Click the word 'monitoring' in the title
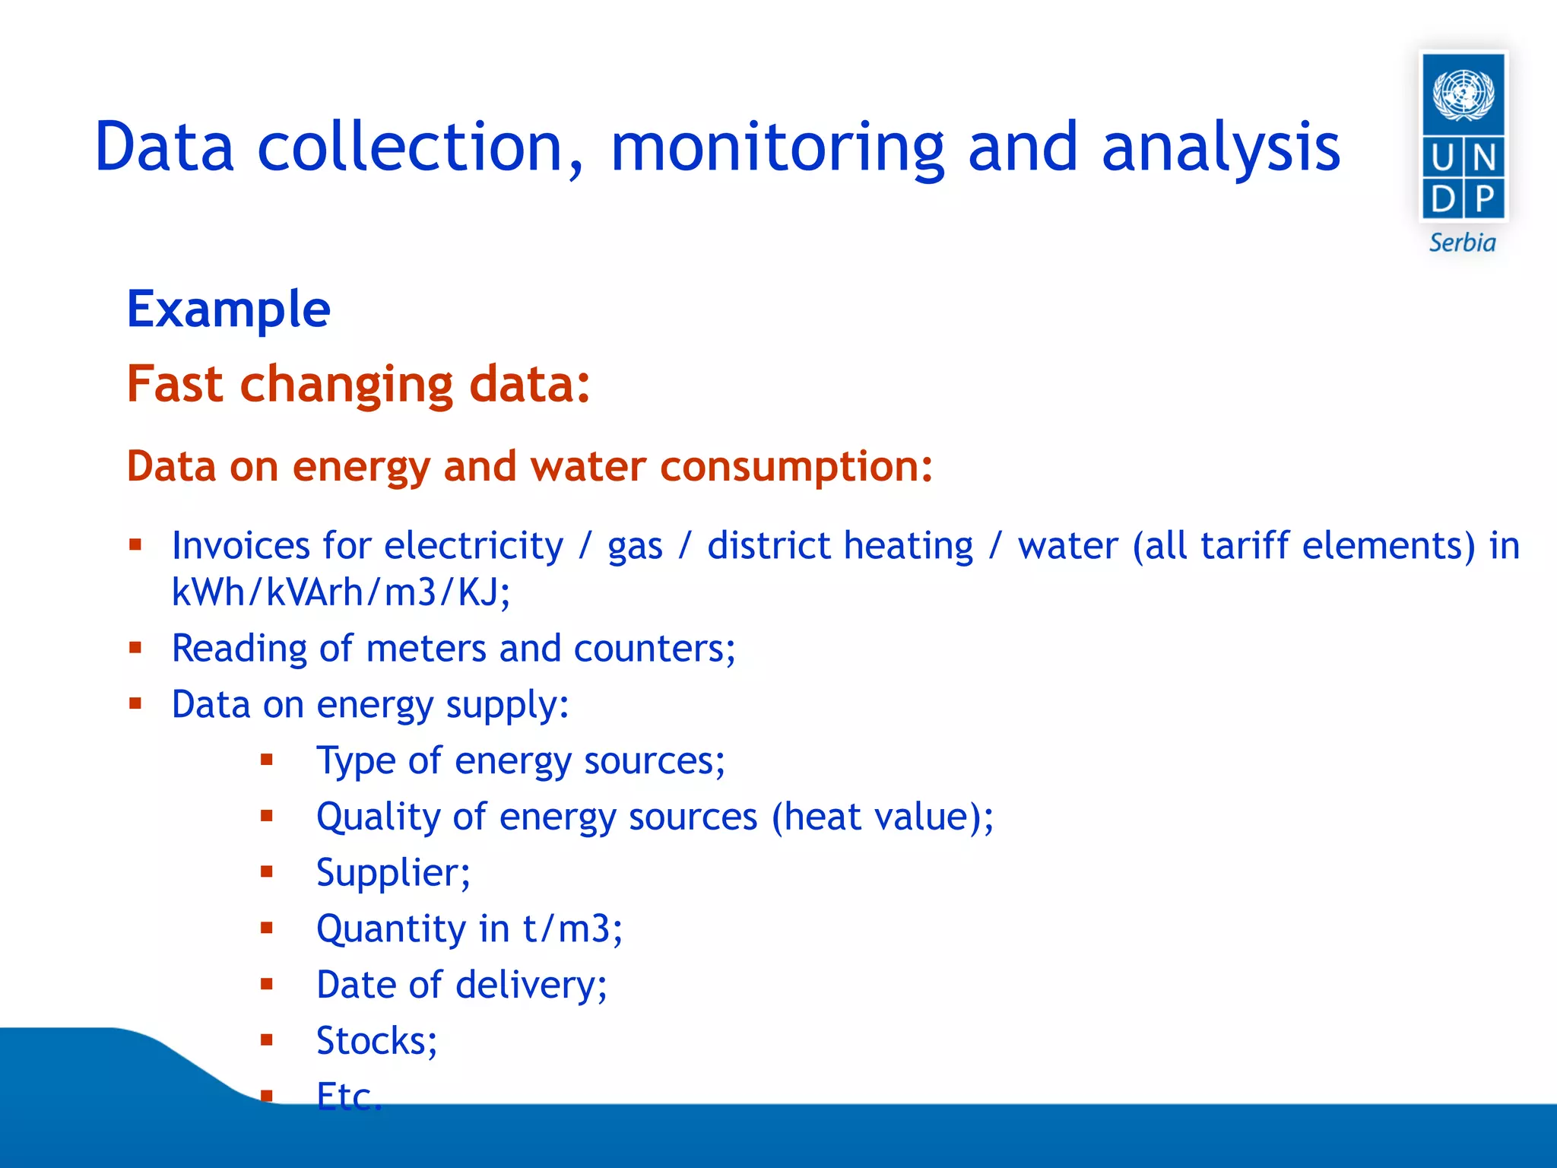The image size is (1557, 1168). click(777, 148)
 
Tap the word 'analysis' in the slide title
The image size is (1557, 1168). click(1220, 148)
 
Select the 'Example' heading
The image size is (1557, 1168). click(228, 310)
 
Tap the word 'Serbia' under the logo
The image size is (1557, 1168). click(1462, 243)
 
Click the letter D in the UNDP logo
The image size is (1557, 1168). click(1442, 199)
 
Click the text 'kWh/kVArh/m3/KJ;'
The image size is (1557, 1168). click(341, 592)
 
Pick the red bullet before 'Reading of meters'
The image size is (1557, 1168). click(135, 648)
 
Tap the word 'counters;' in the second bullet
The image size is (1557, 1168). click(655, 649)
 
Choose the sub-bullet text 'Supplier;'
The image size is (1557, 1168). click(393, 873)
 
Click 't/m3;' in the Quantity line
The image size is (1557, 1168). click(572, 929)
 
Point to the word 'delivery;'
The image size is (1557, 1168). click(531, 985)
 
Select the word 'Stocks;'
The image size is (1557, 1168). click(376, 1041)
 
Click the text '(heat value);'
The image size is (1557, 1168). click(882, 817)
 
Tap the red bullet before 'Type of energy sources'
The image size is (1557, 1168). click(266, 760)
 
